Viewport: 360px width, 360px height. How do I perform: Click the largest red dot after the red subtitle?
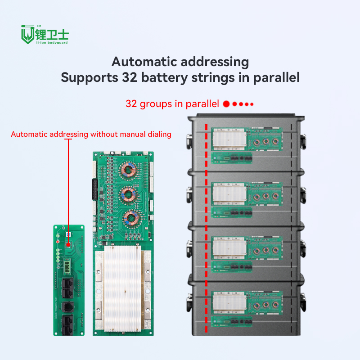coord(226,104)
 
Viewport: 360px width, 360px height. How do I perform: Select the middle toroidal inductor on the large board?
coord(128,195)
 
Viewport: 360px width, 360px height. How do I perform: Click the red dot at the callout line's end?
coord(68,245)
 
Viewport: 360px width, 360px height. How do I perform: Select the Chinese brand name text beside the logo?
coord(53,33)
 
